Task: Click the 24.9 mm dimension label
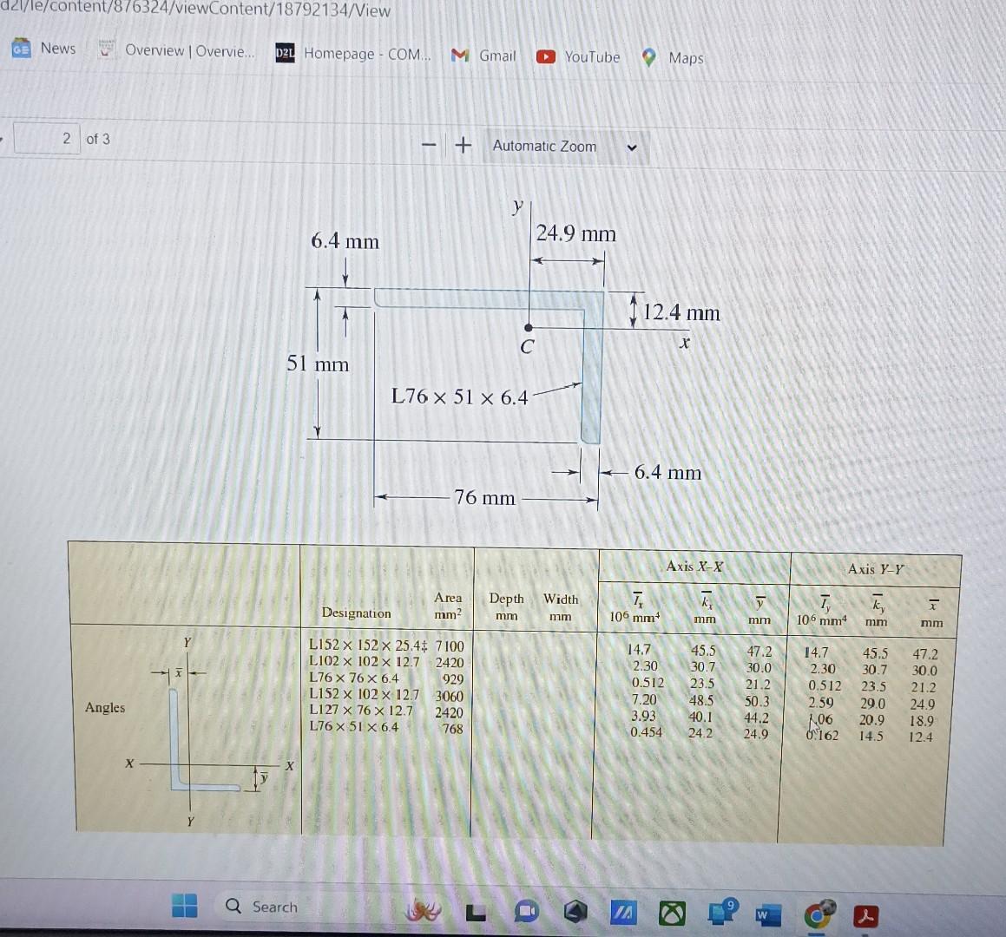[575, 233]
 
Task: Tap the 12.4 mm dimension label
[681, 312]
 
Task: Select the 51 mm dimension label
[318, 364]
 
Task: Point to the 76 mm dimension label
[484, 498]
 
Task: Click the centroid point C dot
[529, 328]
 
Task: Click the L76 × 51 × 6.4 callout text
[459, 397]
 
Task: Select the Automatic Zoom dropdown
[564, 147]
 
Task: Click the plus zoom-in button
[464, 145]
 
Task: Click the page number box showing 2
[49, 139]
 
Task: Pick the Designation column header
[356, 613]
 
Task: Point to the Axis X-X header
[694, 567]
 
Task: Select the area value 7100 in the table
[450, 646]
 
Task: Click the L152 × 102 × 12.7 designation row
[364, 695]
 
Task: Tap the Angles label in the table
[105, 708]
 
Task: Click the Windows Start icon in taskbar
[184, 906]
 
